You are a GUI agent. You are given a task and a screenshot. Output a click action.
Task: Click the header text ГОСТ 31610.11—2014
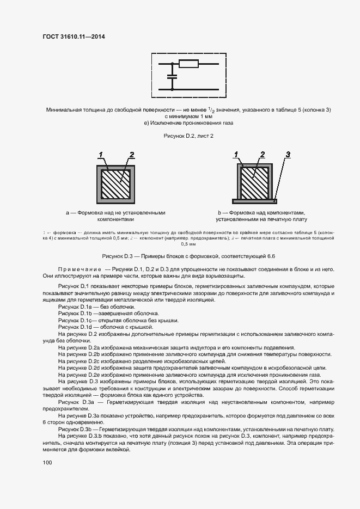tap(73, 37)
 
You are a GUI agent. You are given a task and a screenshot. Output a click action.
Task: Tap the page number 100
tap(47, 462)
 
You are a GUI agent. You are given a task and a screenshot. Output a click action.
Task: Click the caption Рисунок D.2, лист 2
tap(188, 136)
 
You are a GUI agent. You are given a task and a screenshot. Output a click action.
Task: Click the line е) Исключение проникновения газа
tap(188, 123)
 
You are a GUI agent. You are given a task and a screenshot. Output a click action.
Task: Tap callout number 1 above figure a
tap(101, 155)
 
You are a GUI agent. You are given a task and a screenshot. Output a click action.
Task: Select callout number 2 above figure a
tap(131, 155)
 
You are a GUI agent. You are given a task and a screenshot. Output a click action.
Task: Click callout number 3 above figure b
tap(288, 155)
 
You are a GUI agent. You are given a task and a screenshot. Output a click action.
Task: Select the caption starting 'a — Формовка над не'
tap(115, 216)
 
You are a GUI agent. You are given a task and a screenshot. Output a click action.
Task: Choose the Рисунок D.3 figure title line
tap(189, 255)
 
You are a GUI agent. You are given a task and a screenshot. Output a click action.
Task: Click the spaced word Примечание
tap(80, 269)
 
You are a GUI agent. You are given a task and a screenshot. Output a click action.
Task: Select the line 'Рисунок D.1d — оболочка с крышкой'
tap(100, 327)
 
